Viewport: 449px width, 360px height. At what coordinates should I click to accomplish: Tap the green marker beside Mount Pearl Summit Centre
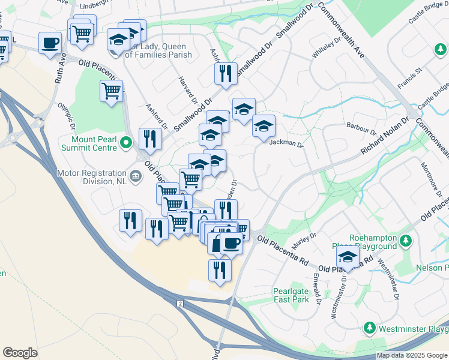pyautogui.click(x=126, y=143)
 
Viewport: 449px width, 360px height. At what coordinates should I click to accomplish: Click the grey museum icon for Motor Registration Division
pyautogui.click(x=136, y=176)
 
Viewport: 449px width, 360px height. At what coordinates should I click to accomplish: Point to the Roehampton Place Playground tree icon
pyautogui.click(x=406, y=241)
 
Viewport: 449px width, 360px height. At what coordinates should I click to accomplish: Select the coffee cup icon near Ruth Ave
pyautogui.click(x=50, y=43)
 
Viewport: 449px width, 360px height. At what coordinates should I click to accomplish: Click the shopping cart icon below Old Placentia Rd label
pyautogui.click(x=112, y=91)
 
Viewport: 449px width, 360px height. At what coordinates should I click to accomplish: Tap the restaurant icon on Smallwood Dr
pyautogui.click(x=226, y=74)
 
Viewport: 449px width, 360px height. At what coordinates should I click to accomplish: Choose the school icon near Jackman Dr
pyautogui.click(x=264, y=127)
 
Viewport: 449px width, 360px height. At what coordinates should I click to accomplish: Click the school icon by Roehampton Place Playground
pyautogui.click(x=348, y=257)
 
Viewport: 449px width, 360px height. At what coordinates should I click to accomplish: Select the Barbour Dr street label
pyautogui.click(x=361, y=128)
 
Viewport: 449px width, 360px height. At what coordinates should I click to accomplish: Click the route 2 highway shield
pyautogui.click(x=179, y=304)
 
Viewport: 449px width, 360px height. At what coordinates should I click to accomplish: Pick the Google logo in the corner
pyautogui.click(x=20, y=353)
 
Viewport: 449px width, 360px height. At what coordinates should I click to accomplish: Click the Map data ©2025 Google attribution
pyautogui.click(x=412, y=355)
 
